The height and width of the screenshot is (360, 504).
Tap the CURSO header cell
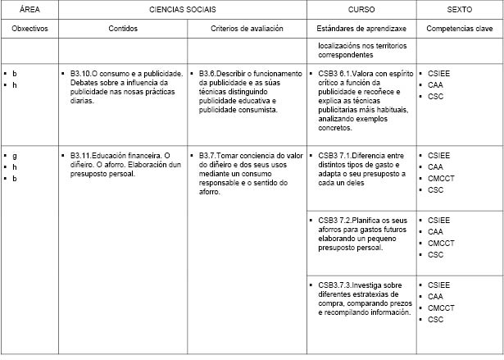(x=361, y=9)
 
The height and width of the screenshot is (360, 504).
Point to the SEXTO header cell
(x=458, y=9)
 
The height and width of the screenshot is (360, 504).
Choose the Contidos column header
(x=123, y=28)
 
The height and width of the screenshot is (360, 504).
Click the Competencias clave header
(x=458, y=28)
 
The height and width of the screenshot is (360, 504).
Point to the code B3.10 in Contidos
(x=83, y=74)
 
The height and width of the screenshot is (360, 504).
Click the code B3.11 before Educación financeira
(x=83, y=155)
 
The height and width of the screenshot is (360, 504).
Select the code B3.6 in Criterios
(x=210, y=74)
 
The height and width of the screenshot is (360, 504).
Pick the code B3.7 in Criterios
(x=210, y=155)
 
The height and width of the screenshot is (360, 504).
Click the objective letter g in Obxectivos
(x=15, y=155)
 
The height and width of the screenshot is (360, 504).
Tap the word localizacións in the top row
(x=339, y=47)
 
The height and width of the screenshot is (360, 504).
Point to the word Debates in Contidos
(x=84, y=83)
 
